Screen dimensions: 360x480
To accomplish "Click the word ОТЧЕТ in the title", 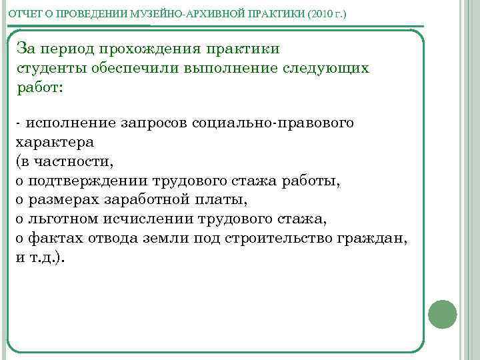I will pos(23,13).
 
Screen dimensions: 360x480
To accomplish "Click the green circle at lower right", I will pos(442,313).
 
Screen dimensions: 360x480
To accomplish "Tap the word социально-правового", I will pos(273,123).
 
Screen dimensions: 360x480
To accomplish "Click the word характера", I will pos(54,142).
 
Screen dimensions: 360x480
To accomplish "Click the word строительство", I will pos(279,238).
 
